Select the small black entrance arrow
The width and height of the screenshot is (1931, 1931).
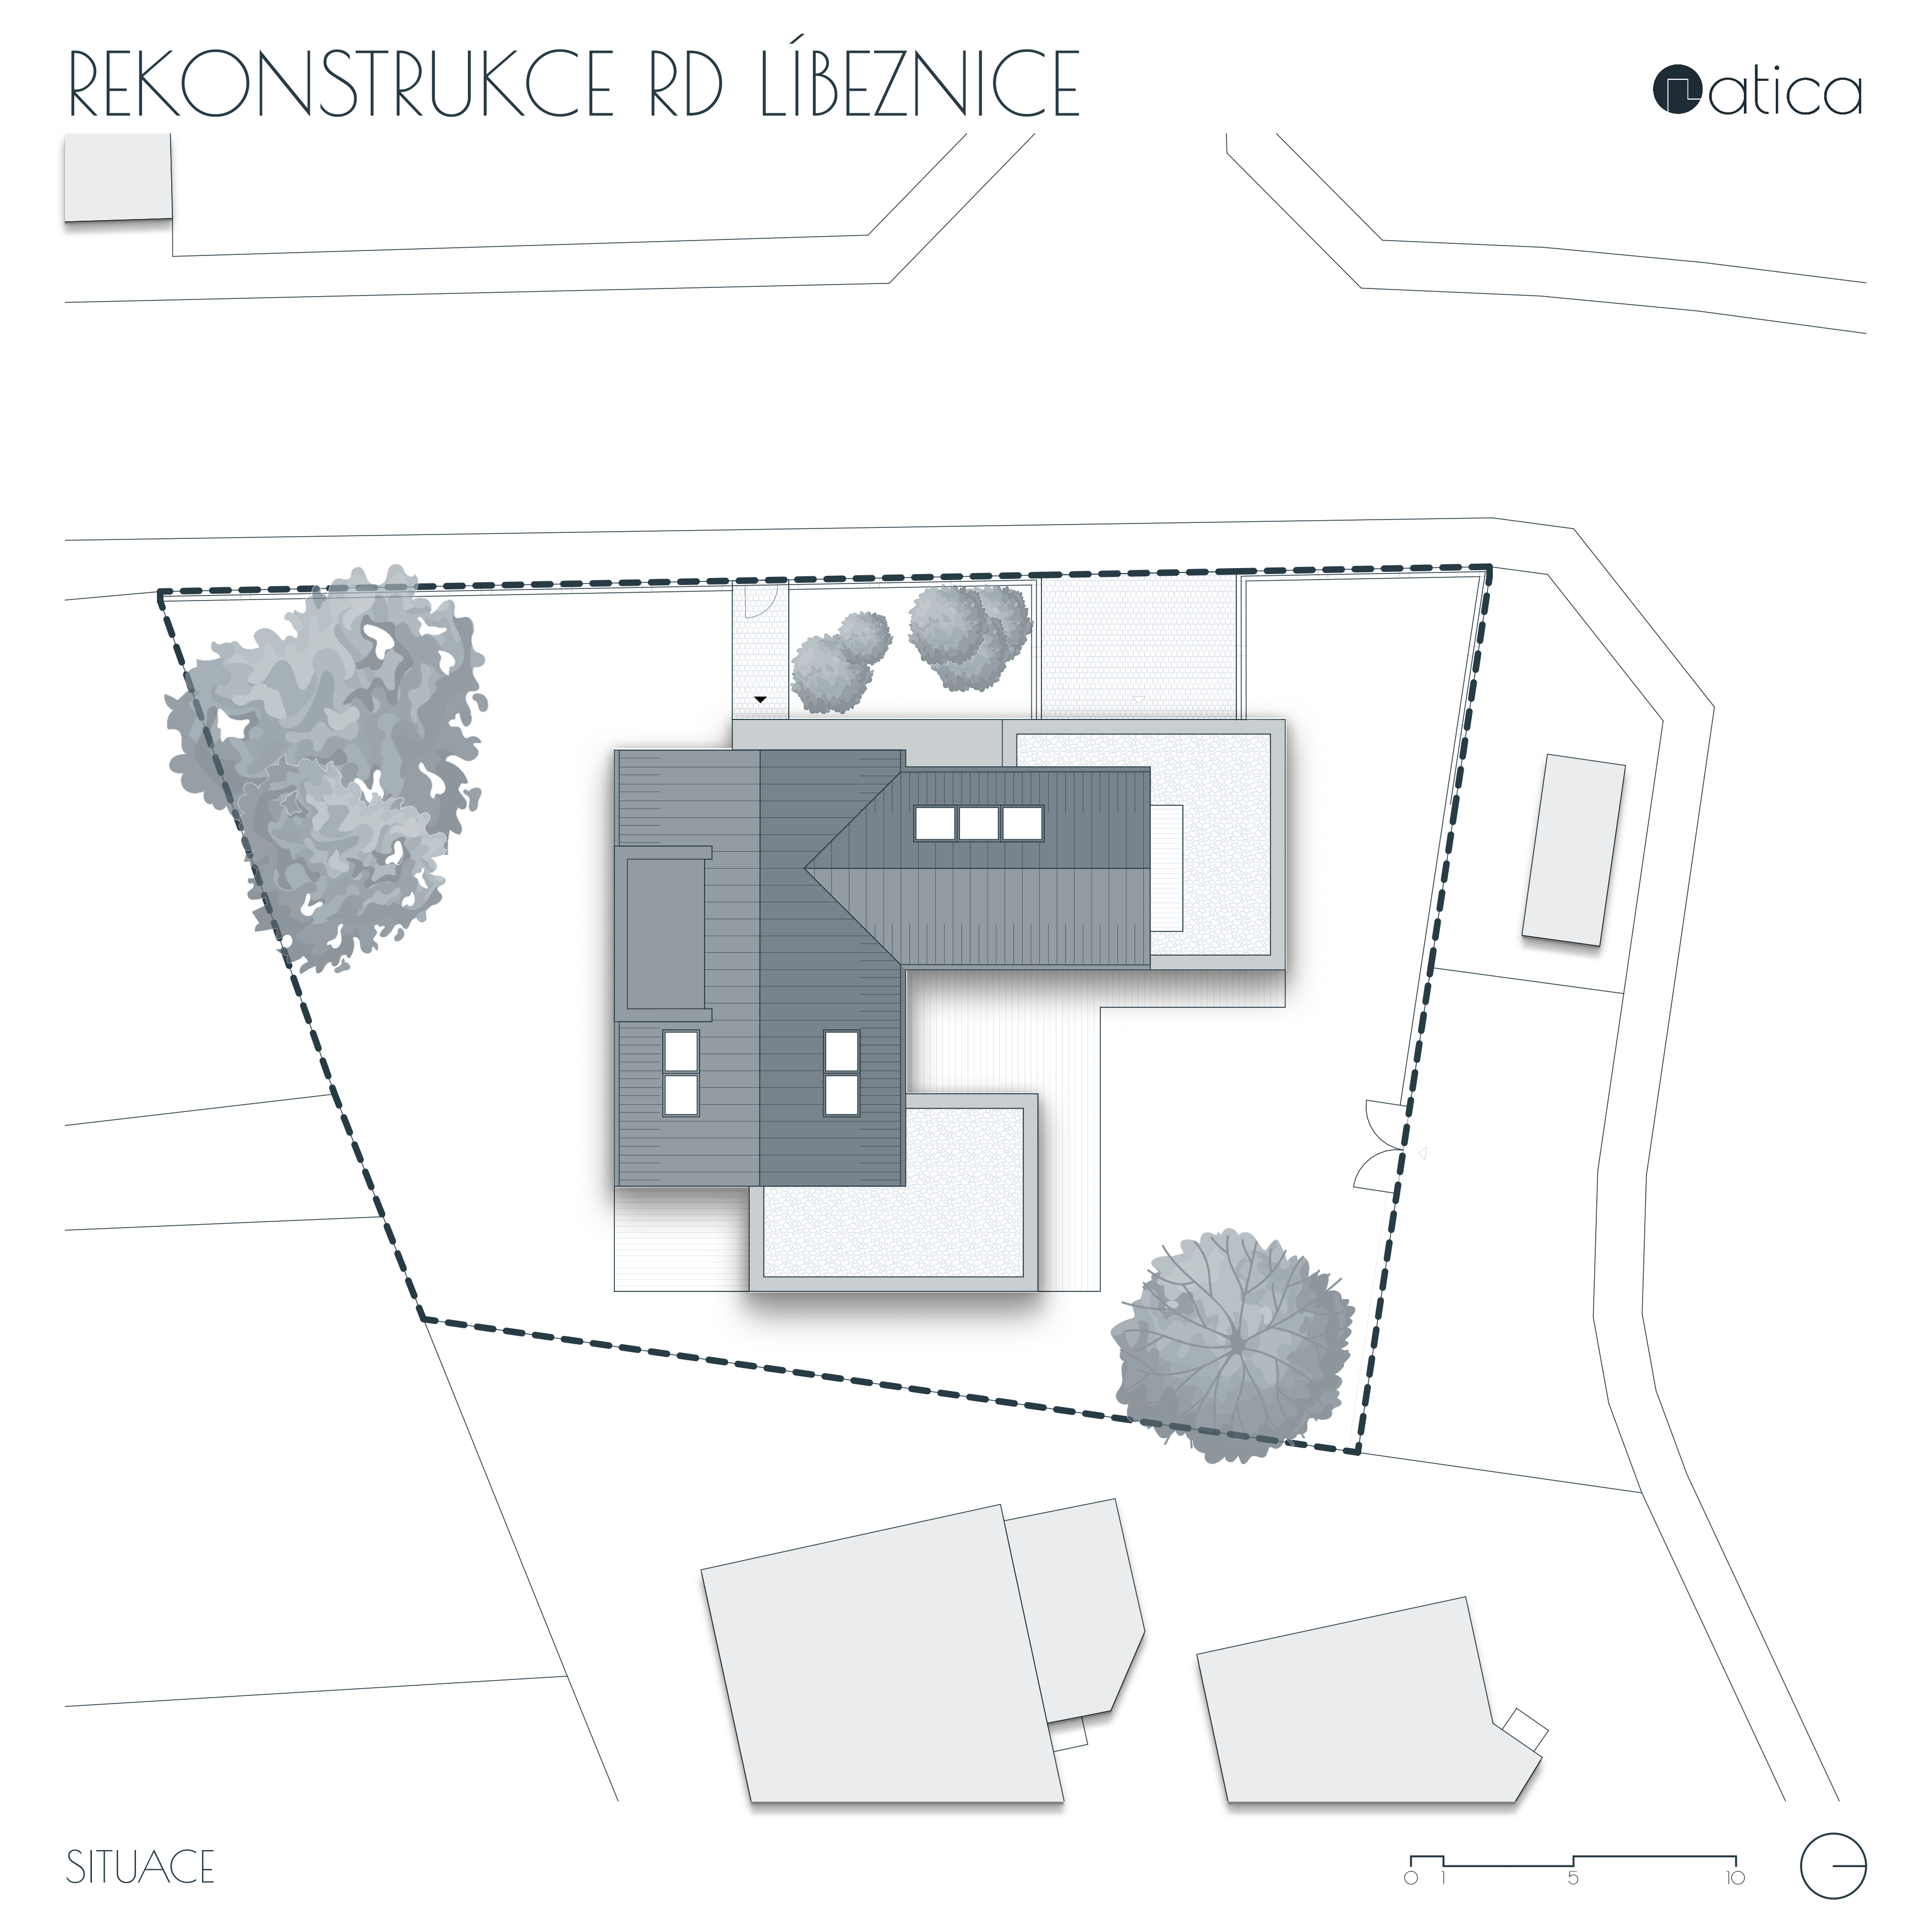pos(761,700)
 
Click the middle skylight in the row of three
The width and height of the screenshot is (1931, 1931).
pos(979,823)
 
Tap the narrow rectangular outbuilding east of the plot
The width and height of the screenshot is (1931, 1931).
pos(1573,849)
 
